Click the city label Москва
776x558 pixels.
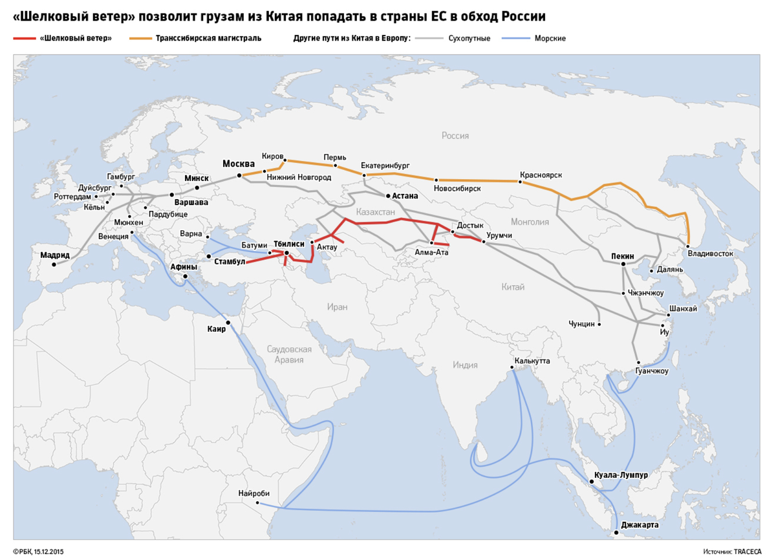(238, 164)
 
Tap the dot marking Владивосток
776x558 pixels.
(689, 246)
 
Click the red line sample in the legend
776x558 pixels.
(25, 39)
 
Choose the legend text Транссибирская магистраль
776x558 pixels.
(208, 39)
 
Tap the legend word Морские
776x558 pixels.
(550, 39)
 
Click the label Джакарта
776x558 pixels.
(640, 526)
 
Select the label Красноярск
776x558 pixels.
(541, 175)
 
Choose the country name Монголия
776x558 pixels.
(529, 222)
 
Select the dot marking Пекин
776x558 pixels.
(623, 264)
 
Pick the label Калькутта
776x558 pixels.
(532, 360)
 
